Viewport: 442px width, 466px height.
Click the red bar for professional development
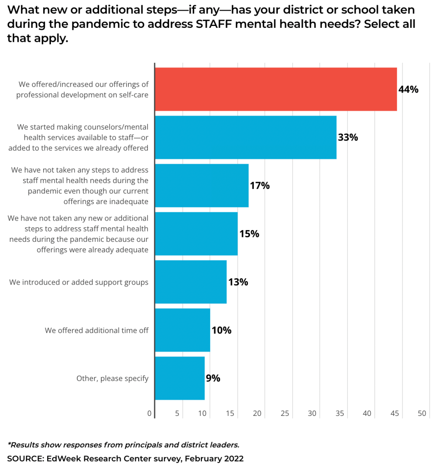tap(276, 89)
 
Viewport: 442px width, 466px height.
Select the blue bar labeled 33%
tap(246, 137)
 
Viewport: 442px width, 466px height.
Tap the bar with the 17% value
tap(201, 185)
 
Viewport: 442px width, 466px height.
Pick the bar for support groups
tap(191, 282)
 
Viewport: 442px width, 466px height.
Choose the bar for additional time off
tap(182, 330)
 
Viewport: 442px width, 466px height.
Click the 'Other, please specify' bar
tap(180, 378)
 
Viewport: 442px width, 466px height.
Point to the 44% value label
tap(408, 90)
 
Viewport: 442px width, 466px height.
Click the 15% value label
tap(249, 234)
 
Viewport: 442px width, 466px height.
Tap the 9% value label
tap(213, 378)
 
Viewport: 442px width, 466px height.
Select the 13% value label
tap(238, 282)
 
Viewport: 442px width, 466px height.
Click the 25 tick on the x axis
tap(285, 414)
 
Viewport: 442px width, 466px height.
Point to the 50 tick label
tap(422, 414)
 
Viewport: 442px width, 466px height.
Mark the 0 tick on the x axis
tap(150, 414)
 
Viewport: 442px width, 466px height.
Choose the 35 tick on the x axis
tap(340, 414)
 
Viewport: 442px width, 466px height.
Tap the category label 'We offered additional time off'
tap(96, 330)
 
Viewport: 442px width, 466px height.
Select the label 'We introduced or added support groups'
tap(79, 282)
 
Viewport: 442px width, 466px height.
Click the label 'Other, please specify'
tap(112, 379)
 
